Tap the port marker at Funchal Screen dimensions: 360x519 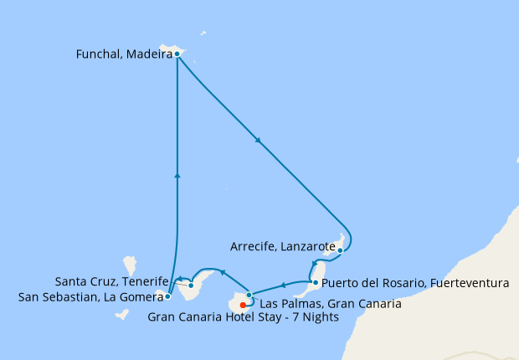pos(177,54)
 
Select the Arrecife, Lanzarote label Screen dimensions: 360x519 pos(280,247)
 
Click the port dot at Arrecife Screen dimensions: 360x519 pos(340,249)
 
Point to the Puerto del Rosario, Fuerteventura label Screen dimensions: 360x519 pos(415,284)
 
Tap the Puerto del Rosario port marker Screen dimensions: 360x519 pos(315,283)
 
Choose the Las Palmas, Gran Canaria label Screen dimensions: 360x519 pos(331,304)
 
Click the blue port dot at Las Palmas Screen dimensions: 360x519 pos(249,295)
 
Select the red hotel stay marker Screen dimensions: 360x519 pos(243,305)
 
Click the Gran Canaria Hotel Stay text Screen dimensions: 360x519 pos(243,317)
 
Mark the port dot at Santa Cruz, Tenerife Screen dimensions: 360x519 pos(192,285)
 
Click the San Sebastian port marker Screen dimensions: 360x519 pos(168,296)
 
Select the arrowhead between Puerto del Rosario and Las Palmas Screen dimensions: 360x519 pos(283,286)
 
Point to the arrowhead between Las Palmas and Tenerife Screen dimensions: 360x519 pos(223,273)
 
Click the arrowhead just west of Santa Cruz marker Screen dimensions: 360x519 pos(179,279)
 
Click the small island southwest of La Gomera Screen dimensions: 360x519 pos(121,315)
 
